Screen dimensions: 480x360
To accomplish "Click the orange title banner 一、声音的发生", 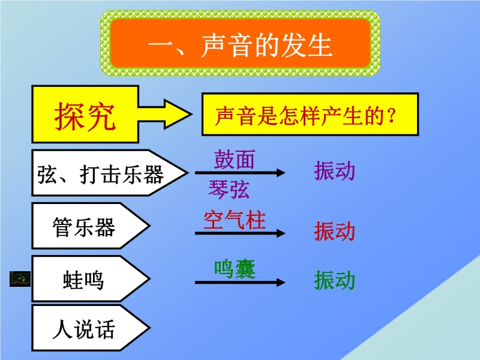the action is (241, 43).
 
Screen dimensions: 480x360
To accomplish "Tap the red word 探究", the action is (85, 116).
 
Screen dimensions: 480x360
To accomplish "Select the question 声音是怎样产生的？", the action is (306, 116).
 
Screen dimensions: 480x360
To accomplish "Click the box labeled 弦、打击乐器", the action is (110, 173).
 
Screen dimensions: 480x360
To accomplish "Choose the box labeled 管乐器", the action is (91, 226).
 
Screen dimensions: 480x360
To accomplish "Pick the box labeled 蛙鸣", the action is (91, 278).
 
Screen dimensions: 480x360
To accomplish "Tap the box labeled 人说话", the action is (91, 328).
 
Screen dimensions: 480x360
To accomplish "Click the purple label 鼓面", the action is (234, 160).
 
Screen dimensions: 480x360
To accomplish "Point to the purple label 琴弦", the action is (229, 189).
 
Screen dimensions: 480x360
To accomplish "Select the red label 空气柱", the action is (235, 220).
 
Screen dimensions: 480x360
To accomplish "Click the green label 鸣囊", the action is (235, 269).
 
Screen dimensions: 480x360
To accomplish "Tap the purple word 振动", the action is (334, 170).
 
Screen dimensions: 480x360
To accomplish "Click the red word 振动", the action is (334, 231).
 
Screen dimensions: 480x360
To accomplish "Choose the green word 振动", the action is (334, 280).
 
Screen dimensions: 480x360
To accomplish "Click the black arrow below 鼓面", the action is (240, 173).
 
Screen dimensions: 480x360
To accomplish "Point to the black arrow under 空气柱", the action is (240, 233).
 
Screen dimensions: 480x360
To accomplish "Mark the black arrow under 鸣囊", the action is (240, 282).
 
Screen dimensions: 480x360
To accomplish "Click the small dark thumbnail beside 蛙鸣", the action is (20, 279).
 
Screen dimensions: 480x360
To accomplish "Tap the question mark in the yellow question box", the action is (391, 116).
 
